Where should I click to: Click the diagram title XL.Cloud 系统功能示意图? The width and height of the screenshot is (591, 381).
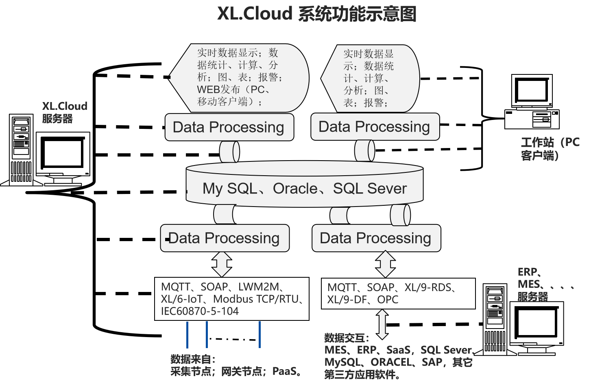[x=316, y=14]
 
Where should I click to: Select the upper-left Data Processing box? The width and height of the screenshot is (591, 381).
[x=229, y=127]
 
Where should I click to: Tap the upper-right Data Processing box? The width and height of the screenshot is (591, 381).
[x=375, y=127]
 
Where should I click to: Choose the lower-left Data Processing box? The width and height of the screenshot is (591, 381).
[x=225, y=238]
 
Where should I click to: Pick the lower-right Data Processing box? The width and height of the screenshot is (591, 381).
[x=376, y=238]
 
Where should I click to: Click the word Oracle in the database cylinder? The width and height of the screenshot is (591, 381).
[x=295, y=189]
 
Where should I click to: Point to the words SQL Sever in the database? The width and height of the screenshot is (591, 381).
[x=370, y=189]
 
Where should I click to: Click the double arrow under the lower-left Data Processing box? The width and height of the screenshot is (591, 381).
[x=222, y=264]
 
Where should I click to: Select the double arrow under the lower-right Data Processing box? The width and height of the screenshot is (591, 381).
[x=385, y=264]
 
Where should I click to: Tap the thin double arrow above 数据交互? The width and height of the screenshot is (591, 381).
[x=382, y=324]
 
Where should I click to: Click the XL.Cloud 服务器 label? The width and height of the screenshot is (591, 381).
[x=64, y=112]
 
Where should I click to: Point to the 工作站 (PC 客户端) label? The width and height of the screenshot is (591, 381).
[x=550, y=148]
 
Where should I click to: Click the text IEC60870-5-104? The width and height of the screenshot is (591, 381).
[x=200, y=311]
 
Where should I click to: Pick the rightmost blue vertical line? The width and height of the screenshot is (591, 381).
[x=260, y=334]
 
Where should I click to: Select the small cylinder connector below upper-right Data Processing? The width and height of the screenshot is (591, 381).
[x=364, y=151]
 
